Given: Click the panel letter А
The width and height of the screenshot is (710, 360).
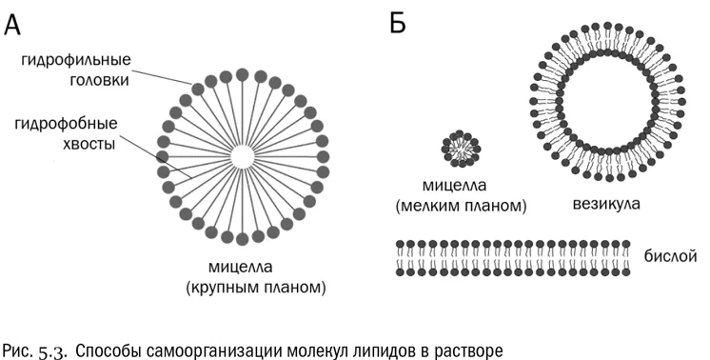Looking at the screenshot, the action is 12,24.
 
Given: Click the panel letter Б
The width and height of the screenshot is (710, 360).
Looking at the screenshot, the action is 398,23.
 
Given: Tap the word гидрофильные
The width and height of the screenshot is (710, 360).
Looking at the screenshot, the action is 76,60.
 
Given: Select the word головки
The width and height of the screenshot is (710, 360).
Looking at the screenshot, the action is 100,80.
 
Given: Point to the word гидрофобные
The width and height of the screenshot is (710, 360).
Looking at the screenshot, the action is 66,124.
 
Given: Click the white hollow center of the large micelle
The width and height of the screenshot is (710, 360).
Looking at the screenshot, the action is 243,157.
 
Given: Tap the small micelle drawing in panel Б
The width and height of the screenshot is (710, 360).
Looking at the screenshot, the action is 461,148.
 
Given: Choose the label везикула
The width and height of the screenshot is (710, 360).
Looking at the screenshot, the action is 606,204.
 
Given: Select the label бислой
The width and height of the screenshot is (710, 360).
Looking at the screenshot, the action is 671,256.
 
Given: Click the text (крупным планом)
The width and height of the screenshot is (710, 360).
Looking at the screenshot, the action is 256,288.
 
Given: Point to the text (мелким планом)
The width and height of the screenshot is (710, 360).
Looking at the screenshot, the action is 461,206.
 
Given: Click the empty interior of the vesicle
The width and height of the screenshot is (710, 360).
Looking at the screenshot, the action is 607,102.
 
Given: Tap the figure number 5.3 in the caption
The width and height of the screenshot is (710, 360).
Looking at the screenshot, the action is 53,351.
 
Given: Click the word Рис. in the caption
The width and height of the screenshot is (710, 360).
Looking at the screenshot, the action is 18,350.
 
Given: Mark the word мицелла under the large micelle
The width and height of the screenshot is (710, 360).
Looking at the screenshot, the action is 241,267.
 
